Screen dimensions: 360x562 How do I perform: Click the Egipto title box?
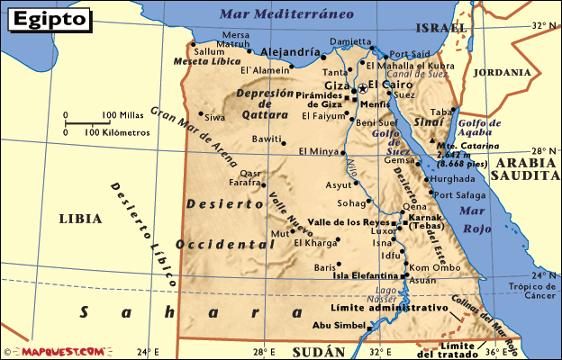click(x=51, y=18)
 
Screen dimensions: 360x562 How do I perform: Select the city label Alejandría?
click(x=290, y=52)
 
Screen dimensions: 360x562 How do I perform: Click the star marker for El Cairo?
click(x=363, y=87)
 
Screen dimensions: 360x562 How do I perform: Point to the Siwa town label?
click(x=214, y=117)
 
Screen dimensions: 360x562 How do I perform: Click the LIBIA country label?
click(x=80, y=218)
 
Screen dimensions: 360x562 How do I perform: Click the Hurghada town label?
click(x=458, y=178)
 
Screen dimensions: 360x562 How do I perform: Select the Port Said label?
click(x=410, y=54)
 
